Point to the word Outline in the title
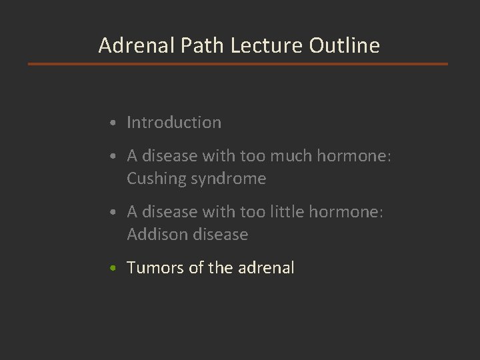(344, 45)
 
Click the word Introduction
(174, 123)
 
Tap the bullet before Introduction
(116, 123)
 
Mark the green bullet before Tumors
(116, 269)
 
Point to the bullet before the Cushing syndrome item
(116, 157)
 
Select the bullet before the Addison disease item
(116, 213)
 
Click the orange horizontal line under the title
(238, 64)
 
